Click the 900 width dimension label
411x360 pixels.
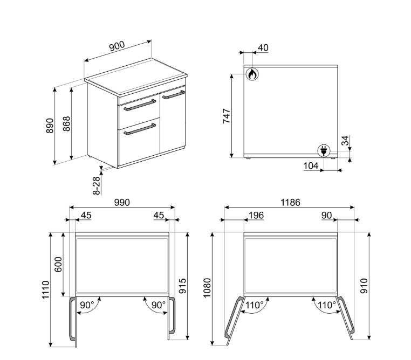pos(117,46)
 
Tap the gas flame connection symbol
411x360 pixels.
pos(252,74)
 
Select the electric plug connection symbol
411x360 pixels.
pos(324,151)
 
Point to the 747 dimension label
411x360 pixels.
pos(227,115)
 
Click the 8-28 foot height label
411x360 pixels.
pos(97,185)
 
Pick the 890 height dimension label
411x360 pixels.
pos(50,126)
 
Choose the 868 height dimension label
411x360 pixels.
pos(66,123)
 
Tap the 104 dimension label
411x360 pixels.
pos(311,166)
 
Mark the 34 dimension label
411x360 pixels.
pos(346,140)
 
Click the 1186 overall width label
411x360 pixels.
pos(290,203)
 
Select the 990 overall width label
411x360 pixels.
pos(122,203)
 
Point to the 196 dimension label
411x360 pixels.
pos(256,215)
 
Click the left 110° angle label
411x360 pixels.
pos(254,305)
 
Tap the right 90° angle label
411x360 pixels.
pos(159,305)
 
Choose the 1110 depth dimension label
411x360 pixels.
pos(46,290)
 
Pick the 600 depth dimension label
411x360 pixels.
pos(58,265)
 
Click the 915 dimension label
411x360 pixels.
pos(182,286)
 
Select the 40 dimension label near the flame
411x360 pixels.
pos(263,47)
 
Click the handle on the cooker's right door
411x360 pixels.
pos(174,94)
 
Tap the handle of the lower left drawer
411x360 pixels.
pos(140,129)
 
